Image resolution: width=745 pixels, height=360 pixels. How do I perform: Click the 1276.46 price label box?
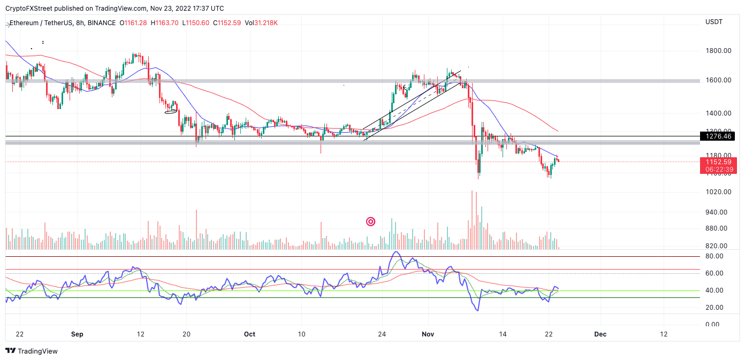coord(717,136)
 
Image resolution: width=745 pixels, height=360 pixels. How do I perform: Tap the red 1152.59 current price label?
coord(717,162)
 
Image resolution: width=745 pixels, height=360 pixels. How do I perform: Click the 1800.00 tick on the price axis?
coord(718,51)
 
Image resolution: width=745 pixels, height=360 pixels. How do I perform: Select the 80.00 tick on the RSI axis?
coord(714,256)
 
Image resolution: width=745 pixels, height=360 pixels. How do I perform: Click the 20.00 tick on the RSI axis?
coord(714,308)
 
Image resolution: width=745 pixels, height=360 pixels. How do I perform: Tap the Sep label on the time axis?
coord(77,334)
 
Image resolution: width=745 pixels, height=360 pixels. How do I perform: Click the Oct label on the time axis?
coord(249,334)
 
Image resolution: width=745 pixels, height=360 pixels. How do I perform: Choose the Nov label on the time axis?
coord(428,334)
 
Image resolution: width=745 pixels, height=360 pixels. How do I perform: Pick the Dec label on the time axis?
coord(600,334)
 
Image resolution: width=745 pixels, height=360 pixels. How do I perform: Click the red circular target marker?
coord(370,221)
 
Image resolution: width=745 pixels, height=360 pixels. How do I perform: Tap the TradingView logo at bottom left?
coord(32,351)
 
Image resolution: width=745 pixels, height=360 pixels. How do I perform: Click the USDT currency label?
coord(714,22)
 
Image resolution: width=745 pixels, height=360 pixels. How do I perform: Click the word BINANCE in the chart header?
coord(101,23)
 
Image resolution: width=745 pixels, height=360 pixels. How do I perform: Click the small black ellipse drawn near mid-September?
coord(171,111)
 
